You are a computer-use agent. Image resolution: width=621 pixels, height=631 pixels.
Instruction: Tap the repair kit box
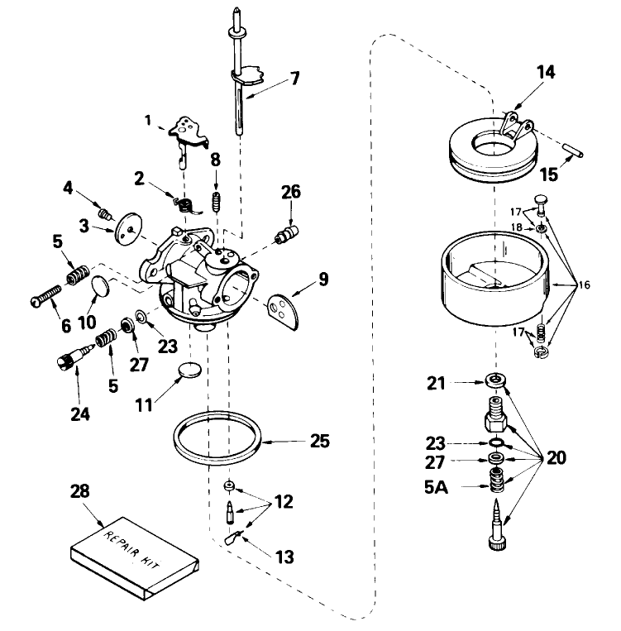pos(135,560)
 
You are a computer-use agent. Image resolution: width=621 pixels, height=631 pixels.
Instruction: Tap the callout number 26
pos(289,194)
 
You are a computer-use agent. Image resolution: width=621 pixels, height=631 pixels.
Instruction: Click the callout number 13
pos(284,557)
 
